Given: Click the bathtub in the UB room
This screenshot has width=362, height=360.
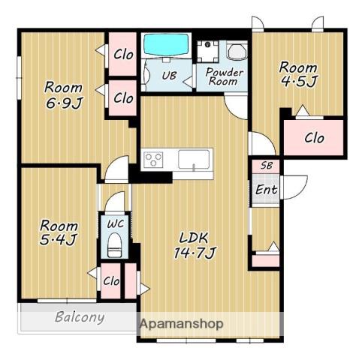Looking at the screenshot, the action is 166,44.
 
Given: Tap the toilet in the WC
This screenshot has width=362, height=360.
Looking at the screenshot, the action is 115,245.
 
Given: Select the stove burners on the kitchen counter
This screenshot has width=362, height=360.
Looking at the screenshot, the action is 153,160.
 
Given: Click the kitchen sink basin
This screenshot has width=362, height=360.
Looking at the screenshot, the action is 194,160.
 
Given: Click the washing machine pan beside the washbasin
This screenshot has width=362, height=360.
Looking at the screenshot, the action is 207,51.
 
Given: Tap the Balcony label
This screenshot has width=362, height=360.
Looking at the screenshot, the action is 80,317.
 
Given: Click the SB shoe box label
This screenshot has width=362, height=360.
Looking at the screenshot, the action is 266,166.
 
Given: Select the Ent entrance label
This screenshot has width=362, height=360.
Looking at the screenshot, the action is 266,190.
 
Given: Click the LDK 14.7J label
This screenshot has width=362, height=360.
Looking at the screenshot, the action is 195,245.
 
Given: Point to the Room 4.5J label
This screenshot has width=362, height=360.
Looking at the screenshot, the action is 298,74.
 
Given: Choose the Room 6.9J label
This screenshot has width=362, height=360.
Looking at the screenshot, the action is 63,95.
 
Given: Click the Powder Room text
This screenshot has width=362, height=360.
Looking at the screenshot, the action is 224,76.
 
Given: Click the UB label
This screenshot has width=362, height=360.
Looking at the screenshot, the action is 169,76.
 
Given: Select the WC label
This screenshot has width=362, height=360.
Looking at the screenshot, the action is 116,223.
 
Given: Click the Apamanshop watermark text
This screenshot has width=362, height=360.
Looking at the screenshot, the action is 181,324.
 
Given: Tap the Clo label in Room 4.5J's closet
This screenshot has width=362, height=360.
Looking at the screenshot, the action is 314,138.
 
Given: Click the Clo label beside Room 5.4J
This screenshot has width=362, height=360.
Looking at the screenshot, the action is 111,281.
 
